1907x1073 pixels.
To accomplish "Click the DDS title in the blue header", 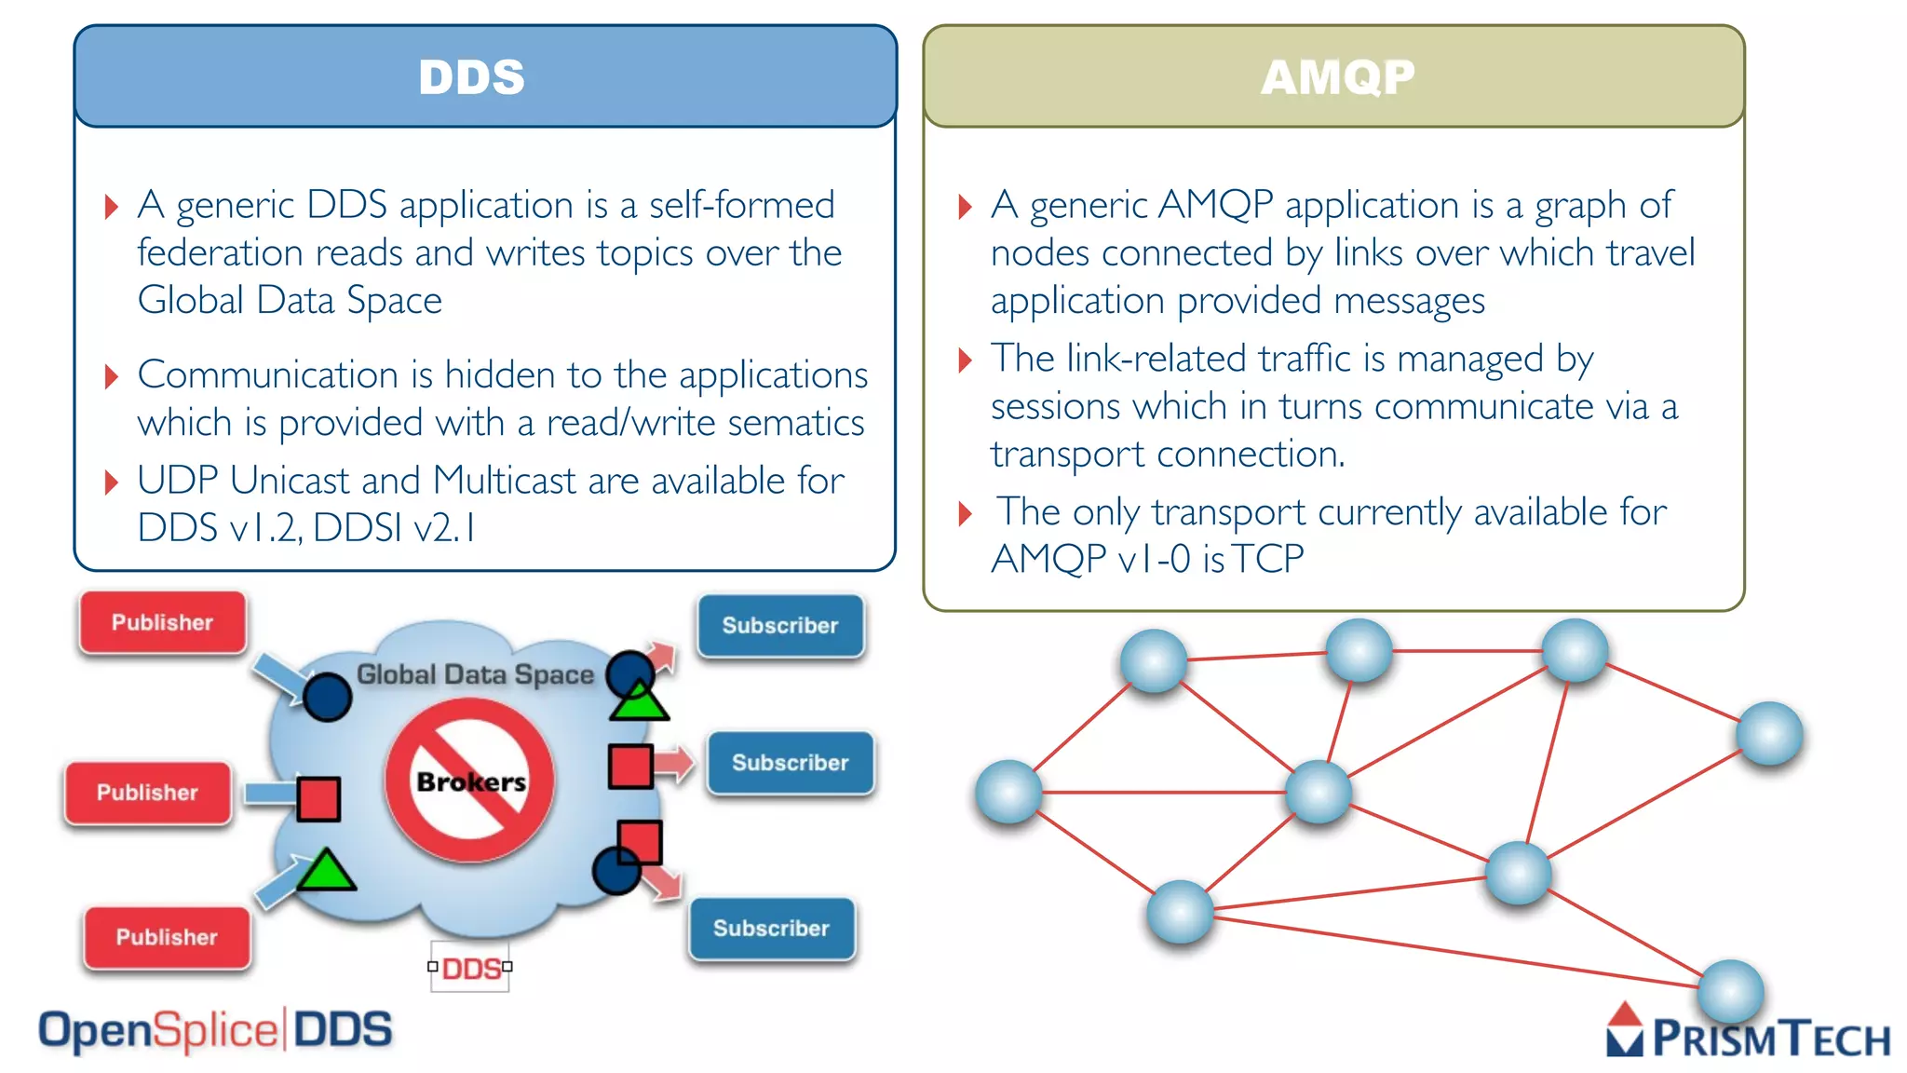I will (x=471, y=76).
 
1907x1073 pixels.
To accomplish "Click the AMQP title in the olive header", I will (x=1337, y=76).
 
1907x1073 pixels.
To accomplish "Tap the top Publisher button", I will (x=163, y=622).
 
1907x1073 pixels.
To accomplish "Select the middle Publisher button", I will (x=148, y=793).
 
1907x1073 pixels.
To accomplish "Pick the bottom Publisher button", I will (x=167, y=937).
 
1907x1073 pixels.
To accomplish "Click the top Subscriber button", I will (x=780, y=626).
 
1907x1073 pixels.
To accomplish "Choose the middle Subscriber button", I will (x=790, y=763).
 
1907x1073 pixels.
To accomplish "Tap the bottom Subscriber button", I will (x=771, y=929).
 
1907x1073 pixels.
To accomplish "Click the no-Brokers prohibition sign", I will (x=470, y=781).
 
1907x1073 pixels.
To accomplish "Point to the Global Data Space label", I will (x=475, y=674).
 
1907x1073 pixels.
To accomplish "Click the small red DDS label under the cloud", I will (x=470, y=969).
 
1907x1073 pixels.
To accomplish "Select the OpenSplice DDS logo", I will (x=215, y=1030).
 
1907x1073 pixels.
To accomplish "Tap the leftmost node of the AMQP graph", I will (x=1008, y=793).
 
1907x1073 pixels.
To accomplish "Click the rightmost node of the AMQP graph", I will (x=1769, y=734).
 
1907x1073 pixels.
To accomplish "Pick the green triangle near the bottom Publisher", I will (x=325, y=871).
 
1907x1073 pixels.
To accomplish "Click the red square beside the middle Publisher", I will (x=318, y=799).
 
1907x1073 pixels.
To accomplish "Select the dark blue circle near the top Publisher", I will (x=327, y=697).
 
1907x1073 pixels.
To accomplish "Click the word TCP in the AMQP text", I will (x=1268, y=559).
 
